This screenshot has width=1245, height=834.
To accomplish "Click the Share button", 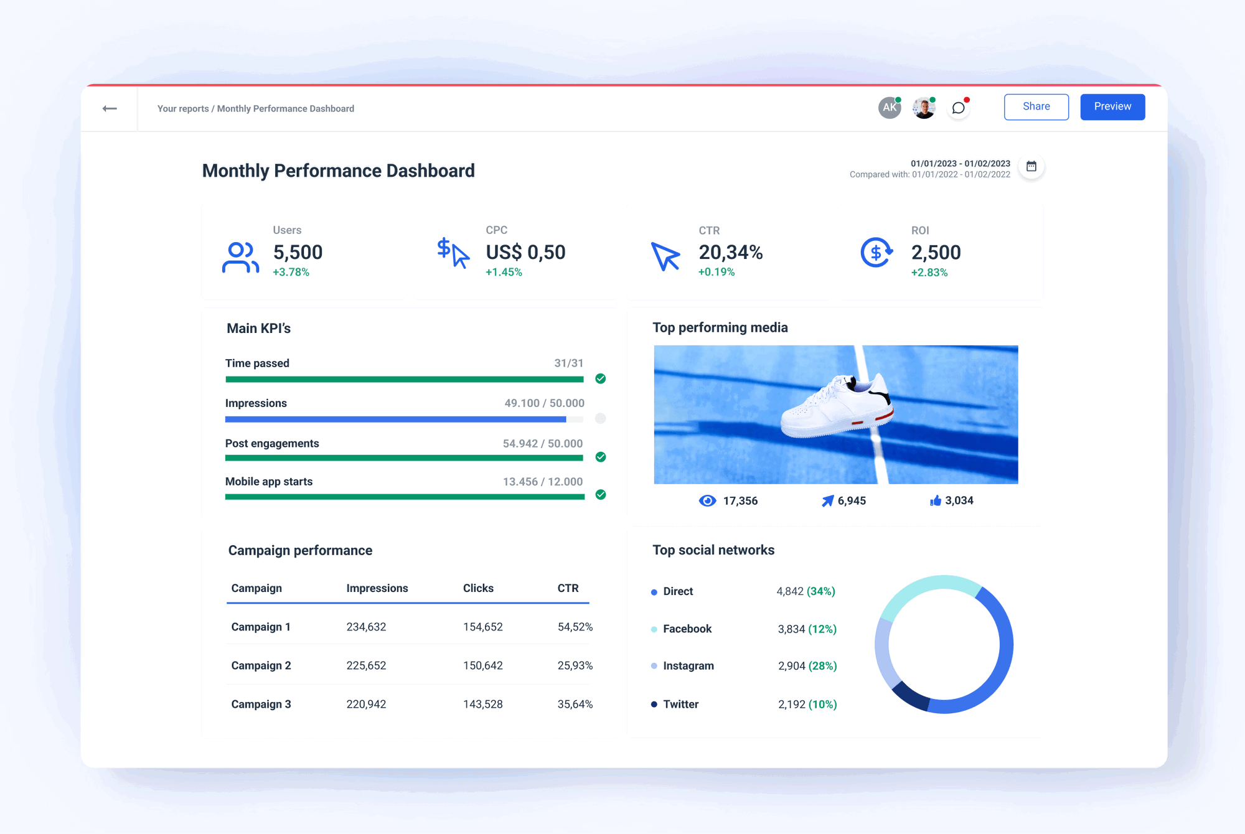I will pos(1036,106).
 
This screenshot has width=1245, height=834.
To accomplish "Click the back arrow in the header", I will pos(110,108).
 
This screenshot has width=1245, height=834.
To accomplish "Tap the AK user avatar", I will pos(890,108).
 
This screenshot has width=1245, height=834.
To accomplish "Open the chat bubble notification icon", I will pos(959,108).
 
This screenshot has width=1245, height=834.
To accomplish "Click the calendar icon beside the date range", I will pos(1031,166).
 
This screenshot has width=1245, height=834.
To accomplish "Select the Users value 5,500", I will pos(298,252).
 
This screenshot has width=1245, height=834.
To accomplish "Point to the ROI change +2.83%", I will pos(929,273).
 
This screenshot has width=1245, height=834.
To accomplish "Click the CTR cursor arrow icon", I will pos(665,256).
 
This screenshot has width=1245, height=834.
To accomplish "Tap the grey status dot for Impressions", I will pos(600,418).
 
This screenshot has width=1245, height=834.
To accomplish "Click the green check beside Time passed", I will pos(600,378).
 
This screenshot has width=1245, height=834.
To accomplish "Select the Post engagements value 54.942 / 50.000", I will pos(543,444).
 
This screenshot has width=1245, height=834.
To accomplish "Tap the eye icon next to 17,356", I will pos(707,501).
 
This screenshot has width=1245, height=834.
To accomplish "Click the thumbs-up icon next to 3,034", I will pos(935,500).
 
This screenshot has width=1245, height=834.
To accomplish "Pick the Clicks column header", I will pos(478,588).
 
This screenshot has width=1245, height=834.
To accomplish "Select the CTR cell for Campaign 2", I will pos(575,665).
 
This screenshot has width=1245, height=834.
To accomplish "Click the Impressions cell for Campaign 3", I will pos(366,704).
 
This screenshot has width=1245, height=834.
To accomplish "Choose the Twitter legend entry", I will pos(680,704).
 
